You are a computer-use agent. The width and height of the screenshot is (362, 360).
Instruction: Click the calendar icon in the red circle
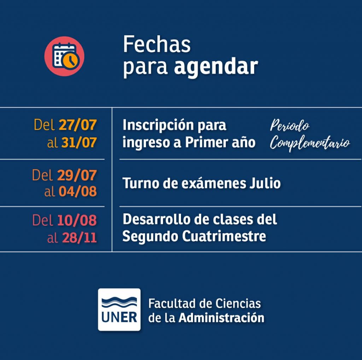(65, 56)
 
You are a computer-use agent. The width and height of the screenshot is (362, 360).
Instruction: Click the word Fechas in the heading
(157, 44)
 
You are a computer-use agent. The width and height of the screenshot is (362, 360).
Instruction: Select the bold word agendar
(216, 67)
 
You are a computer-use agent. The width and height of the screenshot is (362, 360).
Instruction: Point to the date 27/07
(77, 125)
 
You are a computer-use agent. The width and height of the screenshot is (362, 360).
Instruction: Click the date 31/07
(79, 142)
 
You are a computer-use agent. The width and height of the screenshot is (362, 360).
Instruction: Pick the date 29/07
(77, 175)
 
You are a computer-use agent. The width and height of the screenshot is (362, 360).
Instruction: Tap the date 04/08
(77, 191)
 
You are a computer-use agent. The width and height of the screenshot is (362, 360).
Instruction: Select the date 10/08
(77, 220)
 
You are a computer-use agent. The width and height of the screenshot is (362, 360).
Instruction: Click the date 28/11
(79, 237)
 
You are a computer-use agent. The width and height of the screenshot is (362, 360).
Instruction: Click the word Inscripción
(158, 125)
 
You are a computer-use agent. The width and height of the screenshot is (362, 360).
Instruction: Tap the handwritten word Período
(290, 125)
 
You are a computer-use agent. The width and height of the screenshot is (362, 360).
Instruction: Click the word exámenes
(214, 183)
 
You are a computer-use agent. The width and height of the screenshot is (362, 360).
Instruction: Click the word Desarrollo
(157, 219)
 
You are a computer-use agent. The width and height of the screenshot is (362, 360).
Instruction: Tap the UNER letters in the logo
(119, 317)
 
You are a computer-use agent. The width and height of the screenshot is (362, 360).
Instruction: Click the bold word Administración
(221, 318)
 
